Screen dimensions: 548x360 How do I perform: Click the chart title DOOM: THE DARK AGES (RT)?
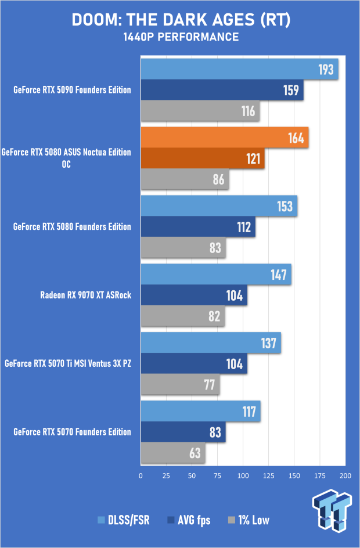pos(181,20)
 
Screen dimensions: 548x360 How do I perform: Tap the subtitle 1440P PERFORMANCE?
pos(181,38)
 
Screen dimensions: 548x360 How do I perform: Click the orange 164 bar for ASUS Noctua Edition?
pos(224,139)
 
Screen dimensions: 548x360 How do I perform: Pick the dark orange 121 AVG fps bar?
pos(202,159)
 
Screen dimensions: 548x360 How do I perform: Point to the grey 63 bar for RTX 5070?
pos(172,453)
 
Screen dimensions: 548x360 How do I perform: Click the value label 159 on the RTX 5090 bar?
pos(291,90)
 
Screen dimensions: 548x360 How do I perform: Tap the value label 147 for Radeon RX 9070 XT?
pos(279,275)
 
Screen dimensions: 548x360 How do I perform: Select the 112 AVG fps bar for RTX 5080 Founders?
pos(197,227)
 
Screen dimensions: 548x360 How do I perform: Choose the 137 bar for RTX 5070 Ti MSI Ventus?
pos(210,343)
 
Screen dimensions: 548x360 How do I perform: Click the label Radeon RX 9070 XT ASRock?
pos(85,295)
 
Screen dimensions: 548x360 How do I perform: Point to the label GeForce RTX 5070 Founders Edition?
pos(73,432)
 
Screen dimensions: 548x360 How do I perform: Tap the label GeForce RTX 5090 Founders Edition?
pos(73,89)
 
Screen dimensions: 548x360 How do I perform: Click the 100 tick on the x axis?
pos(243,475)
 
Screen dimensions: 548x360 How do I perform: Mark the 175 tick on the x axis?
pos(320,475)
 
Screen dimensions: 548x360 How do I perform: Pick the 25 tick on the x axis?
pos(166,475)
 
